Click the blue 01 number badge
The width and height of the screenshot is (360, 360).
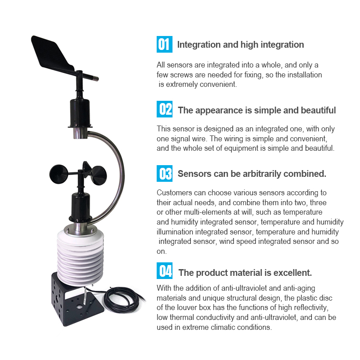pyautogui.click(x=164, y=44)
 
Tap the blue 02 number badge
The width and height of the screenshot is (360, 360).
pyautogui.click(x=164, y=109)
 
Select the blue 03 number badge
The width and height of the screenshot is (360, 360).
pyautogui.click(x=164, y=173)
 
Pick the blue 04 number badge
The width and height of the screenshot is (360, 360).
pyautogui.click(x=164, y=271)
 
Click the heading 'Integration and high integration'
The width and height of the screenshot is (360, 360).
pyautogui.click(x=240, y=45)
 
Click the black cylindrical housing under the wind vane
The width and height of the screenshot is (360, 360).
pyautogui.click(x=80, y=112)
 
